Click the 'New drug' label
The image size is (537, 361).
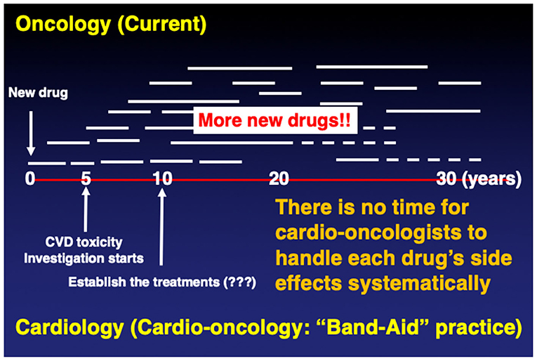(x=39, y=93)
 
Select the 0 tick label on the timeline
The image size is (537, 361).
(x=30, y=178)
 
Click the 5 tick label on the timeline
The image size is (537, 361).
(x=86, y=178)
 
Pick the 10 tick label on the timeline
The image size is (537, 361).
(x=162, y=178)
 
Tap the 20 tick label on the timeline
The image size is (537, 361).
(x=279, y=178)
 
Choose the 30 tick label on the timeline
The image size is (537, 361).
(x=446, y=178)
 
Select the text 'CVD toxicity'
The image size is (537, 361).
(x=84, y=244)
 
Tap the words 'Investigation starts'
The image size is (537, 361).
(x=84, y=258)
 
